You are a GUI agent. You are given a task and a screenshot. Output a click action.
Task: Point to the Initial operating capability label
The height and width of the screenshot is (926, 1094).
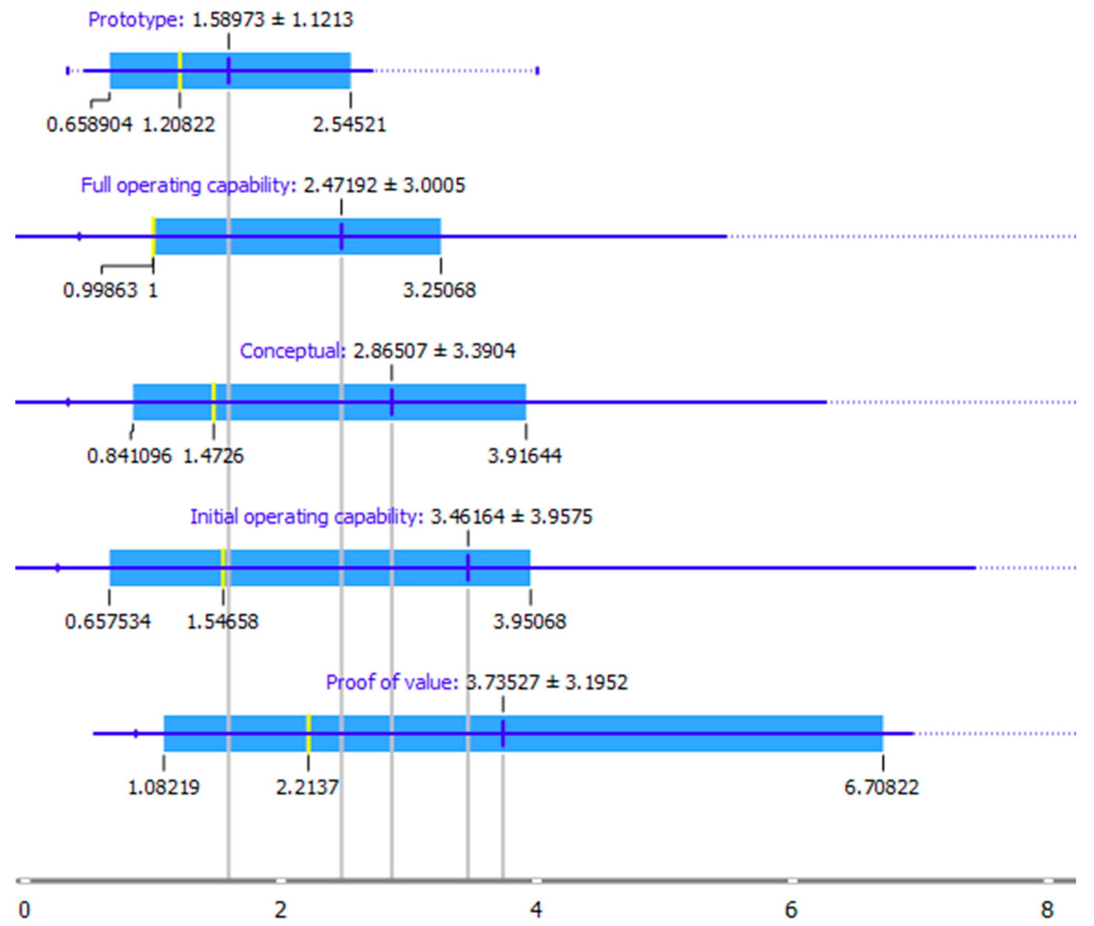tap(306, 517)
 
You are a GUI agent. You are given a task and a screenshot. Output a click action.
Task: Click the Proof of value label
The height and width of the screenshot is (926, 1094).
tap(392, 682)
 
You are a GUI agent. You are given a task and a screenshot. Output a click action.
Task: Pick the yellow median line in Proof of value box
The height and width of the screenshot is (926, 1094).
tap(308, 733)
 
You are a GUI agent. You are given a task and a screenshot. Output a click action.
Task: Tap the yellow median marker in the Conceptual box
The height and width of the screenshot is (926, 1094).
tap(213, 402)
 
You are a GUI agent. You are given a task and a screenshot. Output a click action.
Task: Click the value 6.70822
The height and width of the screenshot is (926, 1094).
tap(881, 787)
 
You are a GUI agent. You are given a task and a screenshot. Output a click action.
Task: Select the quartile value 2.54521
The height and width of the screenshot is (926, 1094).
tap(349, 125)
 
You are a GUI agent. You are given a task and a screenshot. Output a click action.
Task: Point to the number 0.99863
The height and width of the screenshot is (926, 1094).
tap(100, 290)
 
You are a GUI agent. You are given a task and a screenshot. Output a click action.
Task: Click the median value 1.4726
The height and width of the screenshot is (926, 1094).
tap(213, 456)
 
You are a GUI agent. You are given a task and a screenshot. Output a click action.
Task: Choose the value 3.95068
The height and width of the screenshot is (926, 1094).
tap(530, 621)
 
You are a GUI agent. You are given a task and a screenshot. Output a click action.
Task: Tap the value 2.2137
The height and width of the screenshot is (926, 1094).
tap(307, 787)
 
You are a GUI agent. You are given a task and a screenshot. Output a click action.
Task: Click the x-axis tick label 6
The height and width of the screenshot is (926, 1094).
tap(791, 910)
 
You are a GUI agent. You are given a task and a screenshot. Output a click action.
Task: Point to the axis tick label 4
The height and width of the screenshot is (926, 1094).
tap(536, 910)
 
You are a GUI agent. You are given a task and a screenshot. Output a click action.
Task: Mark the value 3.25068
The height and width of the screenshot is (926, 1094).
tap(439, 290)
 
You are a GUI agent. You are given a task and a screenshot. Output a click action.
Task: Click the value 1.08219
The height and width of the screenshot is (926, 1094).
tap(164, 787)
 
